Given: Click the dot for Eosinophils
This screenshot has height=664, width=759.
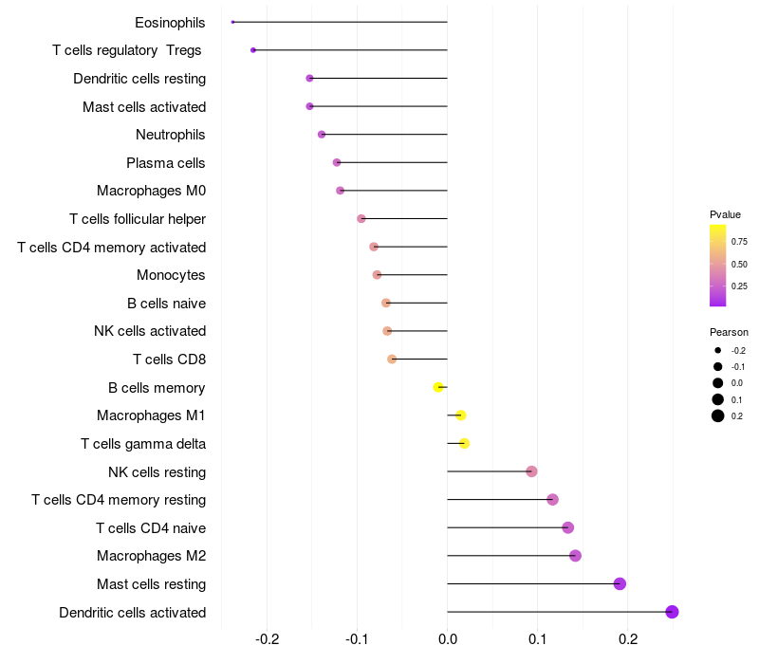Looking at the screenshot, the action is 232,22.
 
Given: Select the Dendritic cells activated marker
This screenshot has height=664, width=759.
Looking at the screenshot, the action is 672,612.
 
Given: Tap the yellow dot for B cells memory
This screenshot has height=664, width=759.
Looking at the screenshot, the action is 438,387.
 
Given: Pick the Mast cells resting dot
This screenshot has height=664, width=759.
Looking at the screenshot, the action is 620,584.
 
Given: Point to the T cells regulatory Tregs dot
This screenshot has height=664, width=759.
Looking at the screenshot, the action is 253,50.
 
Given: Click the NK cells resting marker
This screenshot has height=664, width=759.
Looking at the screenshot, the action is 531,471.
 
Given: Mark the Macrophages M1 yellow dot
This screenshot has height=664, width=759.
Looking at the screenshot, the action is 461,415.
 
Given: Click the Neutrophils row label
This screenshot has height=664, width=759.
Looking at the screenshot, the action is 171,135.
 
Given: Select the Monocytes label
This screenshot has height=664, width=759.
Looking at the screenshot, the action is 171,275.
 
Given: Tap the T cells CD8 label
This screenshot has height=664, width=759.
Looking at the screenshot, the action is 170,360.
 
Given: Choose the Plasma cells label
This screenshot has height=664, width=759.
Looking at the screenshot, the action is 165,162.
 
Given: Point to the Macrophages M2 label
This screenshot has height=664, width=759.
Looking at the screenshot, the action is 152,556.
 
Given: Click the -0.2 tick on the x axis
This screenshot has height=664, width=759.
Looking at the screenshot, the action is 268,639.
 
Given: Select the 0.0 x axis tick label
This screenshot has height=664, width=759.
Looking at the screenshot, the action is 448,639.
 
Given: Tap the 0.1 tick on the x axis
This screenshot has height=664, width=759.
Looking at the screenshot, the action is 538,639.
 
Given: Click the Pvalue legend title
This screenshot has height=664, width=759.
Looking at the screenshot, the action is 725,214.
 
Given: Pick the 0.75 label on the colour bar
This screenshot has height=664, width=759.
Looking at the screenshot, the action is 739,242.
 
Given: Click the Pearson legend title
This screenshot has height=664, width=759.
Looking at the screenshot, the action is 729,332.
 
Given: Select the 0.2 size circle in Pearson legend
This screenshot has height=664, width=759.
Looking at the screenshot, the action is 718,415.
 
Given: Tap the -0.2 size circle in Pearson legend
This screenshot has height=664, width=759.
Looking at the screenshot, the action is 718,350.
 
